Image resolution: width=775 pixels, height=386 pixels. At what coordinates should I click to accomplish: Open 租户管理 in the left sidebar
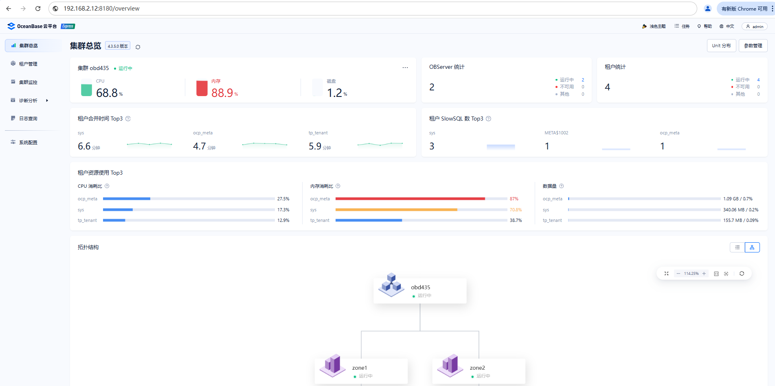click(x=28, y=64)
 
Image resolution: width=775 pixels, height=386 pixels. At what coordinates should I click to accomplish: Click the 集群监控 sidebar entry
click(x=28, y=82)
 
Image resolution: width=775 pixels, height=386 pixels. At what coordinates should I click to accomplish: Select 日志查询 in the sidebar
click(x=28, y=118)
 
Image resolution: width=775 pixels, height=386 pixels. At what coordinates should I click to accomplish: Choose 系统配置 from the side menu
click(x=28, y=143)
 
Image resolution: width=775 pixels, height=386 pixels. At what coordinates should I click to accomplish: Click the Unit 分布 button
click(x=721, y=46)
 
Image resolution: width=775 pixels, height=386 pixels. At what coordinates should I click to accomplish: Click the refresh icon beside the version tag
click(x=138, y=47)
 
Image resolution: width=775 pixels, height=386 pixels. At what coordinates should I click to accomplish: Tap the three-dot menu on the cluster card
click(x=405, y=68)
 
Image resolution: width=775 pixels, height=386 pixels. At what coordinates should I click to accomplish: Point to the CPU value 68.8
click(x=107, y=93)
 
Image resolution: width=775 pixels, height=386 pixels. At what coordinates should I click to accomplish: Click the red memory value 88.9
click(x=222, y=93)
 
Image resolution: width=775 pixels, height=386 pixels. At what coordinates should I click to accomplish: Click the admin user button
click(x=755, y=26)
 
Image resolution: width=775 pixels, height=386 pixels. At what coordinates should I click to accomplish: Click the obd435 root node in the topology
click(x=420, y=291)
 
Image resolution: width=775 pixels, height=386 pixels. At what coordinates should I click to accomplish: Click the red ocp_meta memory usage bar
click(x=410, y=199)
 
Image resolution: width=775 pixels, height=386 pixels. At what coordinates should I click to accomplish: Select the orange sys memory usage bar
click(x=396, y=210)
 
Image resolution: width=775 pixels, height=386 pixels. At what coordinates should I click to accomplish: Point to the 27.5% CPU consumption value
click(x=283, y=199)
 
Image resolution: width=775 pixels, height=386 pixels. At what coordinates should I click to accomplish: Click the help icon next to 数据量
click(x=561, y=186)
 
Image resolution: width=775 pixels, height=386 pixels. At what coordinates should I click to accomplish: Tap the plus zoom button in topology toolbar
click(x=704, y=274)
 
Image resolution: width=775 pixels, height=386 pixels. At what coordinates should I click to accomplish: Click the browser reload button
click(x=38, y=9)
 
